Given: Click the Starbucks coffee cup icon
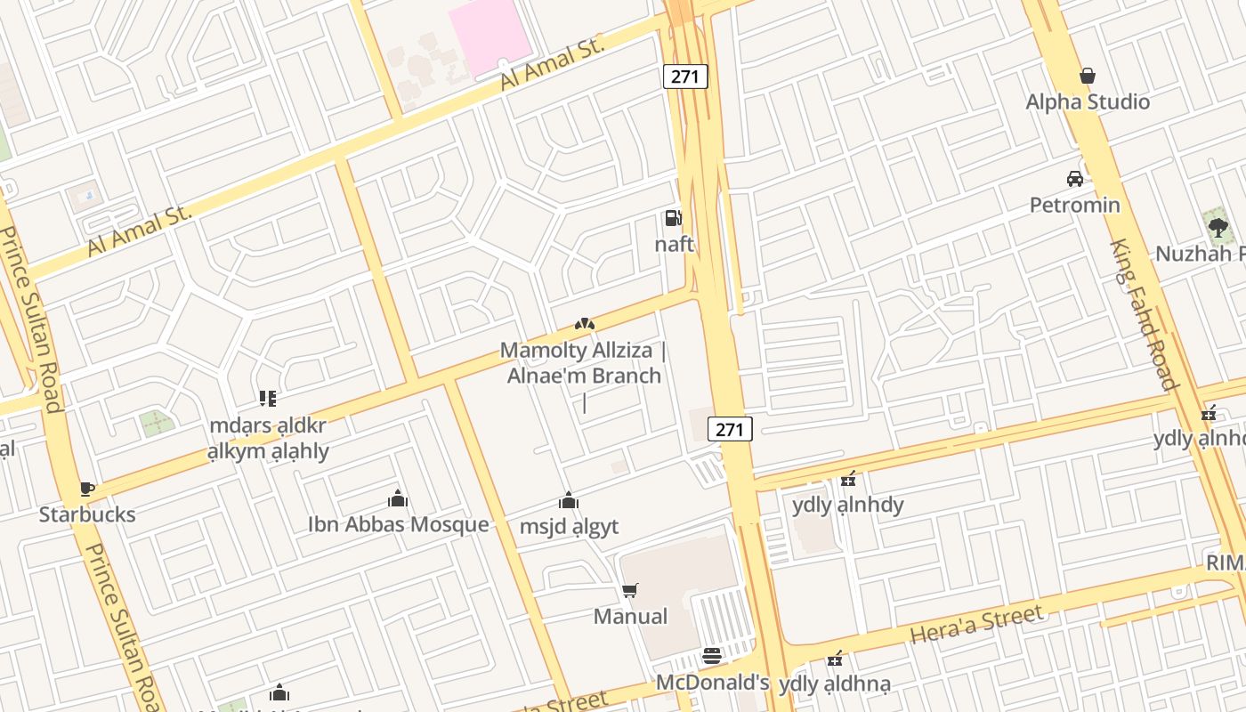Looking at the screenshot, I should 86,489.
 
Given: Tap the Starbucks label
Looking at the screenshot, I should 87,514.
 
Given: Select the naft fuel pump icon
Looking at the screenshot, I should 674,218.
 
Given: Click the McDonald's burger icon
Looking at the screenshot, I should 712,657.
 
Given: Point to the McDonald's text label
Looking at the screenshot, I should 712,683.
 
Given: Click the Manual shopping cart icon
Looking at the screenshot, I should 630,590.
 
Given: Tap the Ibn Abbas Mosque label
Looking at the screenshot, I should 398,524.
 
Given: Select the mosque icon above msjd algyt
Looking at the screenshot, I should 569,501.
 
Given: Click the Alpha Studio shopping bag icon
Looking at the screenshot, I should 1087,77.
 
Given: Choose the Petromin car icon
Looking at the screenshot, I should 1075,179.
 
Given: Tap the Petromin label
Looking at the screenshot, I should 1075,206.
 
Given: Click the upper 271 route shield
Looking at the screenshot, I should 685,77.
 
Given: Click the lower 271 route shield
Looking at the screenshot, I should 730,429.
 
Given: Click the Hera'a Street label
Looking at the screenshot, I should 975,624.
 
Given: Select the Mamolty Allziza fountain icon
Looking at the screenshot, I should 583,324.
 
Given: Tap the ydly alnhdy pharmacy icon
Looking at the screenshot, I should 848,480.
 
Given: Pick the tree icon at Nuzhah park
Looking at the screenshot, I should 1218,227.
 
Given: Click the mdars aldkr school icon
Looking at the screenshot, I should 268,399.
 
